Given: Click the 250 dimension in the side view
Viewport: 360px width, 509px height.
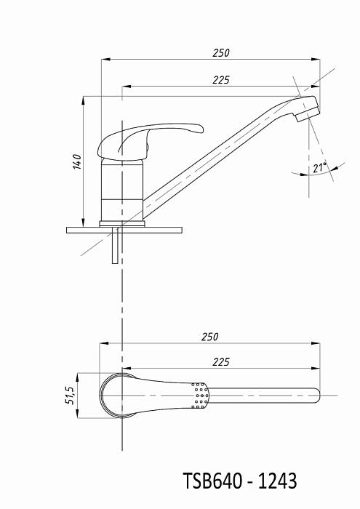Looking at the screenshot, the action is click(221, 52).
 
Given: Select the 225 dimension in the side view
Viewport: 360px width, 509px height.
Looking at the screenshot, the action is click(221, 79).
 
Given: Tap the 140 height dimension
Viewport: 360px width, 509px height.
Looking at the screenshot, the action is click(77, 161).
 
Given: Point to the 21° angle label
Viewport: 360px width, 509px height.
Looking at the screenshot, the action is click(320, 167).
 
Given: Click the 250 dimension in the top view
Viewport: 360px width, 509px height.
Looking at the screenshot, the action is click(209, 337).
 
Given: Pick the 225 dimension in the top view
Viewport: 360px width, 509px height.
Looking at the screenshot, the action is click(221, 361).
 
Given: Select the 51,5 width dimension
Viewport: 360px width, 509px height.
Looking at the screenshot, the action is click(70, 396).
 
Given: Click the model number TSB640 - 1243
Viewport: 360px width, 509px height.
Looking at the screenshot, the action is click(240, 481).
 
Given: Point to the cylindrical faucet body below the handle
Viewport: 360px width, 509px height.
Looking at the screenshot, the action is click(122, 190).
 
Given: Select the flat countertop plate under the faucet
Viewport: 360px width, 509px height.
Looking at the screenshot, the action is click(124, 230).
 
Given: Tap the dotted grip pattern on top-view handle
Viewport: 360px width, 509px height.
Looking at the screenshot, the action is click(200, 396).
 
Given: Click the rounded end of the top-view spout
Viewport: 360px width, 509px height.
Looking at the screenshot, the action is click(317, 396).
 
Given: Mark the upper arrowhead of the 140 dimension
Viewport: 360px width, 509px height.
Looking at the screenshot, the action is click(84, 100).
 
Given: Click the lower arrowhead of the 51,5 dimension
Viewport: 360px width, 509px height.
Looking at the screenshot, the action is click(78, 414).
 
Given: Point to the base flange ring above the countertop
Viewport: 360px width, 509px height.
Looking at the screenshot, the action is click(122, 224).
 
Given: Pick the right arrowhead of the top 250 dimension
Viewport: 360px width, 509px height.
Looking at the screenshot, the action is click(316, 60).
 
